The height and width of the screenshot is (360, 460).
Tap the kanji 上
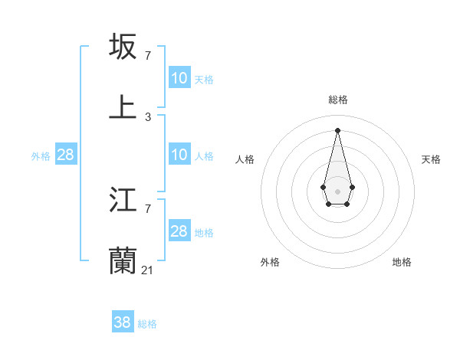(x=123, y=107)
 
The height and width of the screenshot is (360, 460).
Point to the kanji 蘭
(x=123, y=260)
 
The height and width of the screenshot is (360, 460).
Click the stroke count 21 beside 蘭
(x=148, y=270)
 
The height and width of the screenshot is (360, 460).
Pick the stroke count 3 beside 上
(x=148, y=117)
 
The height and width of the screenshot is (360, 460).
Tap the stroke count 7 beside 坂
(x=148, y=56)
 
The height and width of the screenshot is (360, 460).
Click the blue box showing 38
(x=123, y=322)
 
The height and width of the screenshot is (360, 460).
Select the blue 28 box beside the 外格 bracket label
(x=66, y=155)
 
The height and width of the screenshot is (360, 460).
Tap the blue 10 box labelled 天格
(x=179, y=78)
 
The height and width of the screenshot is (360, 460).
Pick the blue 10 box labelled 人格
(x=179, y=155)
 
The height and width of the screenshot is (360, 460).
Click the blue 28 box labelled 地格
(x=179, y=231)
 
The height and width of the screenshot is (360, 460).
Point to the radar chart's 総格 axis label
(x=338, y=100)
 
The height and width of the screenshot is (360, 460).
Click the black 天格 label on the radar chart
(x=431, y=159)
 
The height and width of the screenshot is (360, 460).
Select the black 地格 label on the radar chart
(x=402, y=262)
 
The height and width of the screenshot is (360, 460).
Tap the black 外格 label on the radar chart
(x=270, y=262)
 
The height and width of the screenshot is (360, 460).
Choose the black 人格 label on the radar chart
(x=245, y=159)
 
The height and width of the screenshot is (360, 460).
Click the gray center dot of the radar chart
(x=337, y=191)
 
